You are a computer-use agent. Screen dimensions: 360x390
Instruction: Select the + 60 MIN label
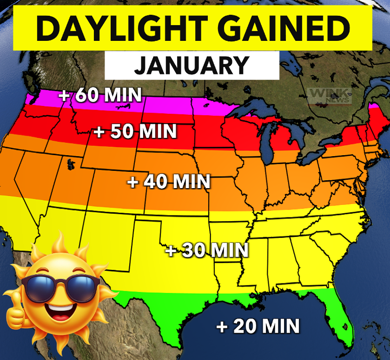click(100, 95)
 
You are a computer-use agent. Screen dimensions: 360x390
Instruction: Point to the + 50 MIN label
click(135, 131)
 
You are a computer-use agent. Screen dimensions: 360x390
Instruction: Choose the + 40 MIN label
click(169, 181)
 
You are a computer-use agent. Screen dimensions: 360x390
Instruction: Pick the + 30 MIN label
click(207, 250)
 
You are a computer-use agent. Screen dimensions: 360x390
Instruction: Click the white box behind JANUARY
click(260, 65)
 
